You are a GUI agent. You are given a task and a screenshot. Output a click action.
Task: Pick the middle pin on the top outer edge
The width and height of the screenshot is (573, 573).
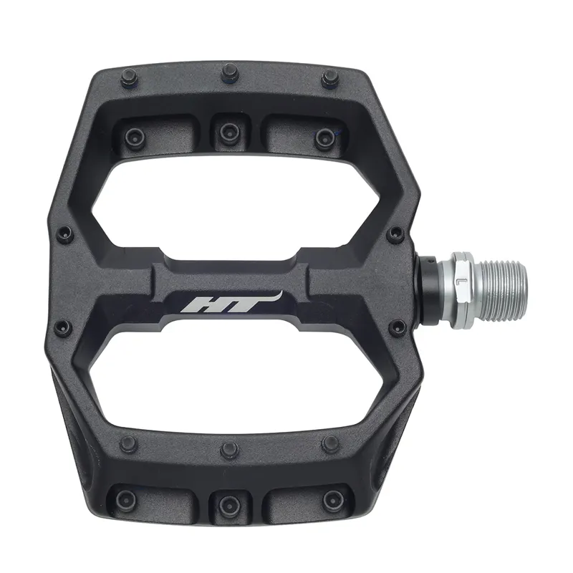tap(229, 71)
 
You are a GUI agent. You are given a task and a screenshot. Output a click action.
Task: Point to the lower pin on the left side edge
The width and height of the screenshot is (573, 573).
tap(62, 327)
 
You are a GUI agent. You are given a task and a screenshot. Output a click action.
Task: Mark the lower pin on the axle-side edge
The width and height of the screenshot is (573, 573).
tap(396, 327)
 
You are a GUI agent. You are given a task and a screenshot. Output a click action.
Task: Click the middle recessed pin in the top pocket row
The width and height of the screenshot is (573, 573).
tap(228, 130)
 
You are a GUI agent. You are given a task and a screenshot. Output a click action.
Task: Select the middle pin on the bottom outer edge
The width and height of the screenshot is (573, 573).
tap(229, 450)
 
